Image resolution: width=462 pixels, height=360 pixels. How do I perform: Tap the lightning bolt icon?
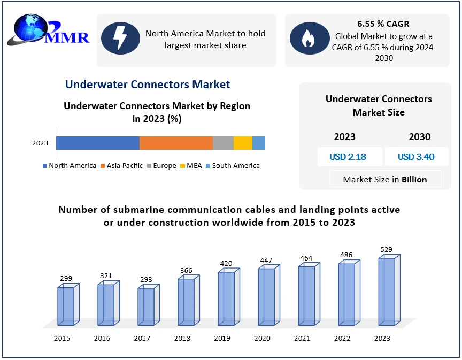[120, 38]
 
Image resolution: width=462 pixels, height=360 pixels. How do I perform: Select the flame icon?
[308, 38]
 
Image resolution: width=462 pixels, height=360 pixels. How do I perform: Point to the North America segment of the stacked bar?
[98, 143]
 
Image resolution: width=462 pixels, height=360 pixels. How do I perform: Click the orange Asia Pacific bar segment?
[176, 143]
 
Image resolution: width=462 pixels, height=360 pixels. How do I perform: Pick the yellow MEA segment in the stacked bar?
[243, 143]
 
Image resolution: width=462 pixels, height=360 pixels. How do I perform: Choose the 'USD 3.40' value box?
[416, 157]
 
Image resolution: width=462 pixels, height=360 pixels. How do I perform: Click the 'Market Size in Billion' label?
[385, 179]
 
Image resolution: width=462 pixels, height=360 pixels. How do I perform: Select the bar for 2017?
[146, 306]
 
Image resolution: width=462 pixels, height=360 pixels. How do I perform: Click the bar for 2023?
[387, 291]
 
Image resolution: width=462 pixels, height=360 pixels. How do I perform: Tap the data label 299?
[66, 278]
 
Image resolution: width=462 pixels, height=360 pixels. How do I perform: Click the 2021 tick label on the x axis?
[302, 338]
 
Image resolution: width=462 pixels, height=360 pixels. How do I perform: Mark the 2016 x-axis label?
[102, 338]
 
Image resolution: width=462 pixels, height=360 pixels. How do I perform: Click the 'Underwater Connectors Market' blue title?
[148, 85]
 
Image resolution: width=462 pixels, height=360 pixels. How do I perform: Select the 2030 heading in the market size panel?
[420, 137]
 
